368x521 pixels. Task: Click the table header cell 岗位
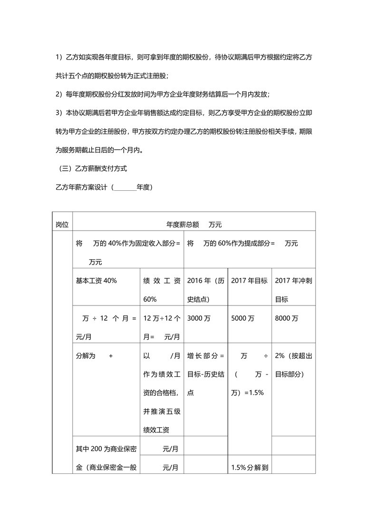(62, 224)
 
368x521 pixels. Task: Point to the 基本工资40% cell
(97, 281)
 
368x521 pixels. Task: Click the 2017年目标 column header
(250, 281)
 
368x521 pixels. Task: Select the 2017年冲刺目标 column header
(293, 290)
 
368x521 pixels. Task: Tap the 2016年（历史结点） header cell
(205, 290)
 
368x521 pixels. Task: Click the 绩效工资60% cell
(162, 290)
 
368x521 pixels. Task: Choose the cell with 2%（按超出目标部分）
(293, 365)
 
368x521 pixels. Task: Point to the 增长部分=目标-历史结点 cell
(205, 374)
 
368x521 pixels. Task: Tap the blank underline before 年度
(125, 187)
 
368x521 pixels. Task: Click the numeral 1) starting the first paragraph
(59, 57)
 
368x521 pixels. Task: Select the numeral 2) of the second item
(59, 94)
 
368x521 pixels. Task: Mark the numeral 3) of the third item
(59, 113)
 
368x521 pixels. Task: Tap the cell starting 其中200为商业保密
(103, 448)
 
